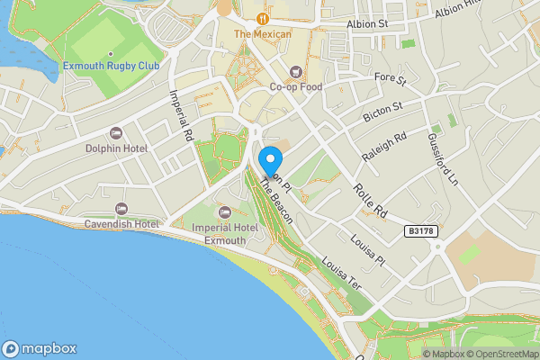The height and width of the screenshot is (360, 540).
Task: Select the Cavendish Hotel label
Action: click(x=121, y=223)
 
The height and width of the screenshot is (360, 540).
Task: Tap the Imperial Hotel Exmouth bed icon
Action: click(x=224, y=211)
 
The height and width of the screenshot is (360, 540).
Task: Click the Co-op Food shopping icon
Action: click(x=294, y=71)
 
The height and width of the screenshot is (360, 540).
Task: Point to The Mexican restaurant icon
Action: click(x=263, y=18)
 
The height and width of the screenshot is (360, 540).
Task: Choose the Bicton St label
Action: click(x=382, y=113)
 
